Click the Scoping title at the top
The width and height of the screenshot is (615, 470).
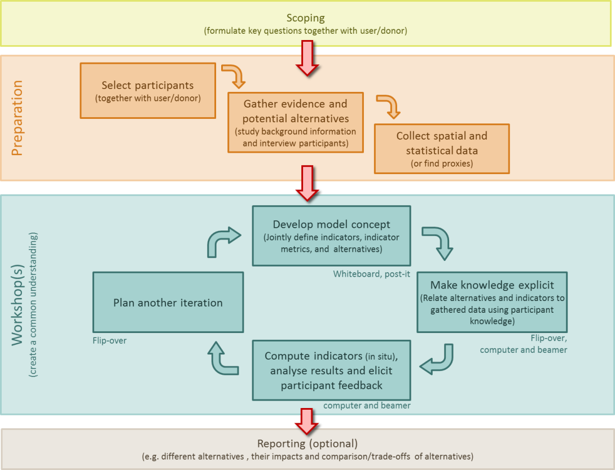click(x=306, y=18)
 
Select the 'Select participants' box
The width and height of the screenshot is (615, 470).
click(x=148, y=91)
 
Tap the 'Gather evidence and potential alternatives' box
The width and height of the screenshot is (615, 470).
click(x=296, y=123)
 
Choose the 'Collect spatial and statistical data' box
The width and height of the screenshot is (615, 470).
click(x=442, y=149)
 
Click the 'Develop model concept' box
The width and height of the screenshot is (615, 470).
click(x=331, y=236)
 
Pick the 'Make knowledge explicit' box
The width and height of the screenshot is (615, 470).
click(x=492, y=303)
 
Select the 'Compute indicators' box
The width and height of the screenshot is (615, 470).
click(x=331, y=370)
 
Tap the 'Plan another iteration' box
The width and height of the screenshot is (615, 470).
click(x=168, y=303)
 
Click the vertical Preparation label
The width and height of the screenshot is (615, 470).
click(x=17, y=118)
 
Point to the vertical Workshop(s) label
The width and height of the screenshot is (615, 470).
click(x=17, y=305)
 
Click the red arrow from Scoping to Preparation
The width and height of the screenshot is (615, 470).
click(x=307, y=58)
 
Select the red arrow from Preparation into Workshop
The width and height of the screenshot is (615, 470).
click(x=307, y=183)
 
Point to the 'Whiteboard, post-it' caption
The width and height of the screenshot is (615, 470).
click(x=371, y=274)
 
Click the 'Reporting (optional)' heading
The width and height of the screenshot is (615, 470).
click(x=307, y=444)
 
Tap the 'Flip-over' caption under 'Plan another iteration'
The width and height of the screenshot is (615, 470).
click(x=109, y=341)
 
